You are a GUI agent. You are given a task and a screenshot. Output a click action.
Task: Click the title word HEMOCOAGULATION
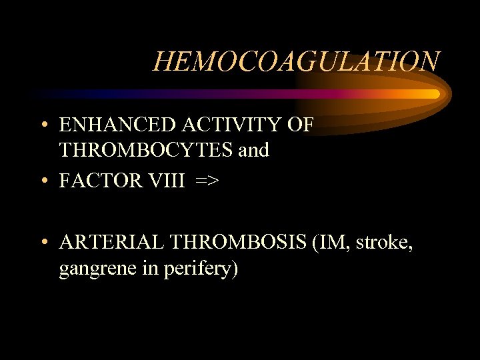click(x=296, y=61)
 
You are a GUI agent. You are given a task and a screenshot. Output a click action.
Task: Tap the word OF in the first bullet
click(x=299, y=125)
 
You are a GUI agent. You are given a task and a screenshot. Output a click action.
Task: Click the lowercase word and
click(x=254, y=150)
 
